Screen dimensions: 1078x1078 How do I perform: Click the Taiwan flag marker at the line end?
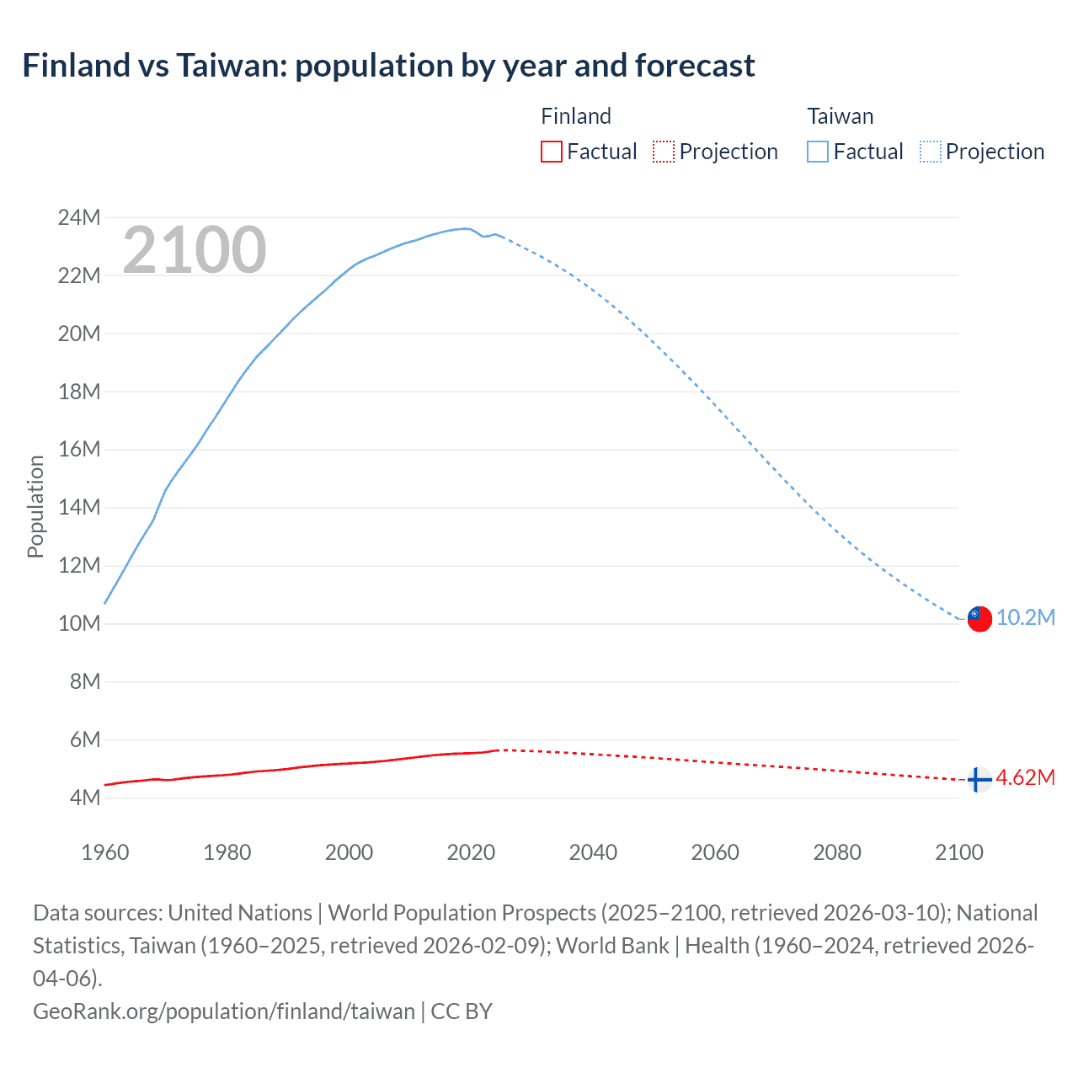click(979, 618)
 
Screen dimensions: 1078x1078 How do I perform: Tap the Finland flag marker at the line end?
click(979, 779)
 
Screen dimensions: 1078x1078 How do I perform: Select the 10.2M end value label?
click(1026, 617)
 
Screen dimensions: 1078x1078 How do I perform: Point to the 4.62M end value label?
click(1025, 777)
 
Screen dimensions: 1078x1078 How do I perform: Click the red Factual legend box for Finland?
click(551, 152)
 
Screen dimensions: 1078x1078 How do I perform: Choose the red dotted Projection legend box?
click(664, 152)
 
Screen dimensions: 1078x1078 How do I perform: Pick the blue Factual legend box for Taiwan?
click(817, 152)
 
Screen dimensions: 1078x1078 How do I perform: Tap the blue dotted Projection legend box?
click(931, 152)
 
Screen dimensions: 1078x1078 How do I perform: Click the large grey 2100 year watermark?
click(195, 250)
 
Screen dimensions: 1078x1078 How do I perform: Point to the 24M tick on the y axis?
click(79, 218)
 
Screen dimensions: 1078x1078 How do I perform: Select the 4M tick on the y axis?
click(84, 798)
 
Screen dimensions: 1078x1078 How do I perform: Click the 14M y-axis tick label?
click(79, 508)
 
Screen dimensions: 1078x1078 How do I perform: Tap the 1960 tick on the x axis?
click(105, 852)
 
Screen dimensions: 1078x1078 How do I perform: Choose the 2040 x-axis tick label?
click(593, 852)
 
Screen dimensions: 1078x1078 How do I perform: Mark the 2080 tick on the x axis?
click(837, 852)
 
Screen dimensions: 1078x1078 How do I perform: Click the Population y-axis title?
click(35, 506)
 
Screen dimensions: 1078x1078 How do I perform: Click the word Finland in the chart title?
click(77, 66)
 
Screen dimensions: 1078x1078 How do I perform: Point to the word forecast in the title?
click(695, 66)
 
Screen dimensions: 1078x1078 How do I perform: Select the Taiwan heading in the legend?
click(840, 116)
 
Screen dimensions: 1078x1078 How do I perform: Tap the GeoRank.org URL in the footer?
click(224, 1011)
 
